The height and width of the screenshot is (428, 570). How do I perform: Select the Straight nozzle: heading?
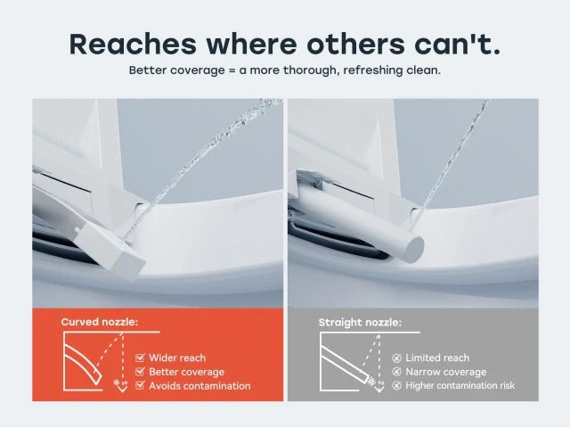[x=360, y=321]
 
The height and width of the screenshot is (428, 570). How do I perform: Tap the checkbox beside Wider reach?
[x=140, y=358]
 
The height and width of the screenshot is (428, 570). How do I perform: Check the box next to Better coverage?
[x=140, y=372]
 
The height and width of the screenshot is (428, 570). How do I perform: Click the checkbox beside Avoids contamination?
[x=140, y=386]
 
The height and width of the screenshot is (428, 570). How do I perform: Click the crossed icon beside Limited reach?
[x=397, y=358]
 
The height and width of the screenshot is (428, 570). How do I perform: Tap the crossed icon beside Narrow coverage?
[x=397, y=372]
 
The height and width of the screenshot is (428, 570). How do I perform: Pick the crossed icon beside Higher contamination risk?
[x=397, y=386]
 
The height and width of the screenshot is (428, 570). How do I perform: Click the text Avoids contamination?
[x=199, y=386]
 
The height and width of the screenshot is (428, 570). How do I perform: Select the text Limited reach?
[x=437, y=358]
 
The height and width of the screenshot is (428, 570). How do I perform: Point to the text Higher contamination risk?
[x=460, y=386]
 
